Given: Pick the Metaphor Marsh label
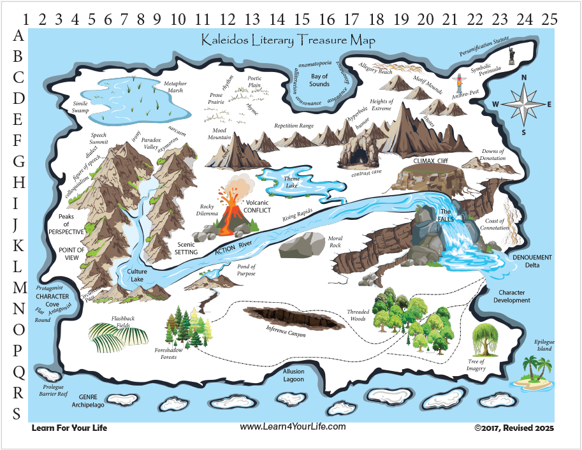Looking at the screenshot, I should pyautogui.click(x=175, y=87).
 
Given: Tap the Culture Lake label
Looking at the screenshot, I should pyautogui.click(x=136, y=275).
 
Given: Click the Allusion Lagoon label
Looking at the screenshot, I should pyautogui.click(x=293, y=375).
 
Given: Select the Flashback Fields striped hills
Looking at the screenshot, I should pyautogui.click(x=119, y=337).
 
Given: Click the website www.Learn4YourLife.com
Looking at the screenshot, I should pyautogui.click(x=293, y=427).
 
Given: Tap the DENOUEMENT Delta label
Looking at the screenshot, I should pyautogui.click(x=532, y=261).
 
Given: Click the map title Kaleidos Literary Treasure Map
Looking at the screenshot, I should pyautogui.click(x=288, y=40).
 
